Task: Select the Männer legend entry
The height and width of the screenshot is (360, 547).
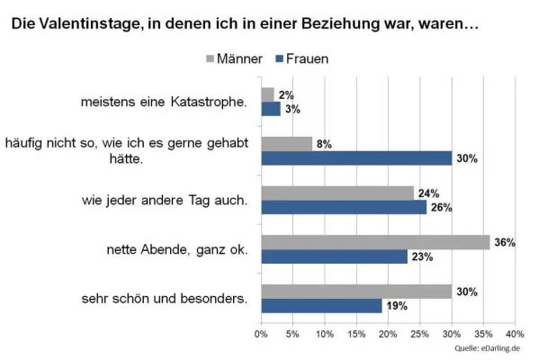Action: click(233, 59)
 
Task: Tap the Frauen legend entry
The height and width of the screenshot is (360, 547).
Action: click(301, 59)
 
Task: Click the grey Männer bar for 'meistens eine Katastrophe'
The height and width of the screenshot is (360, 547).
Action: click(267, 94)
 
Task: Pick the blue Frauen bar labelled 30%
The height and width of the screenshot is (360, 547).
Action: click(356, 158)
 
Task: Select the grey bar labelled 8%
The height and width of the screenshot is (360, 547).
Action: click(286, 143)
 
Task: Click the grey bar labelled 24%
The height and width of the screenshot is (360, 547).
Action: click(337, 192)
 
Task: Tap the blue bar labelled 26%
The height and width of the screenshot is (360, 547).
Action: click(344, 207)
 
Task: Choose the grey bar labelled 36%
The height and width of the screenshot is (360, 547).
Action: click(375, 241)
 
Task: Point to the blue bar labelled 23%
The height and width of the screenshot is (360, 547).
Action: click(334, 256)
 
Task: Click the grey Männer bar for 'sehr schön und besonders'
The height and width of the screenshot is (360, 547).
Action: click(356, 291)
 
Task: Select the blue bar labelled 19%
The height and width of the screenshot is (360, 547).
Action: click(321, 306)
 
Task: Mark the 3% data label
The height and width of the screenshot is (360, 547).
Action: click(293, 110)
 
